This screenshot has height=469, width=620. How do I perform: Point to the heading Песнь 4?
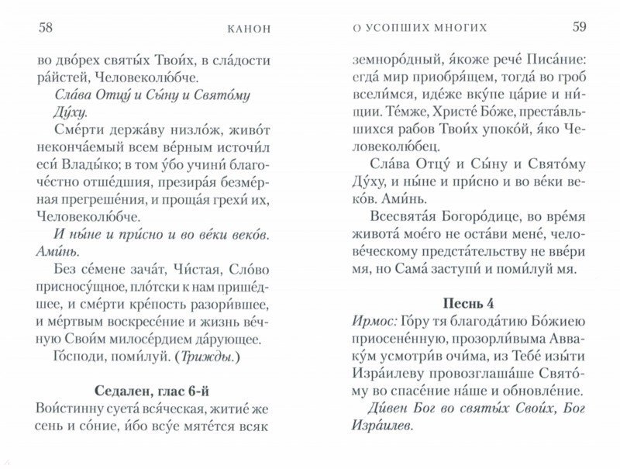(x=463, y=299)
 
